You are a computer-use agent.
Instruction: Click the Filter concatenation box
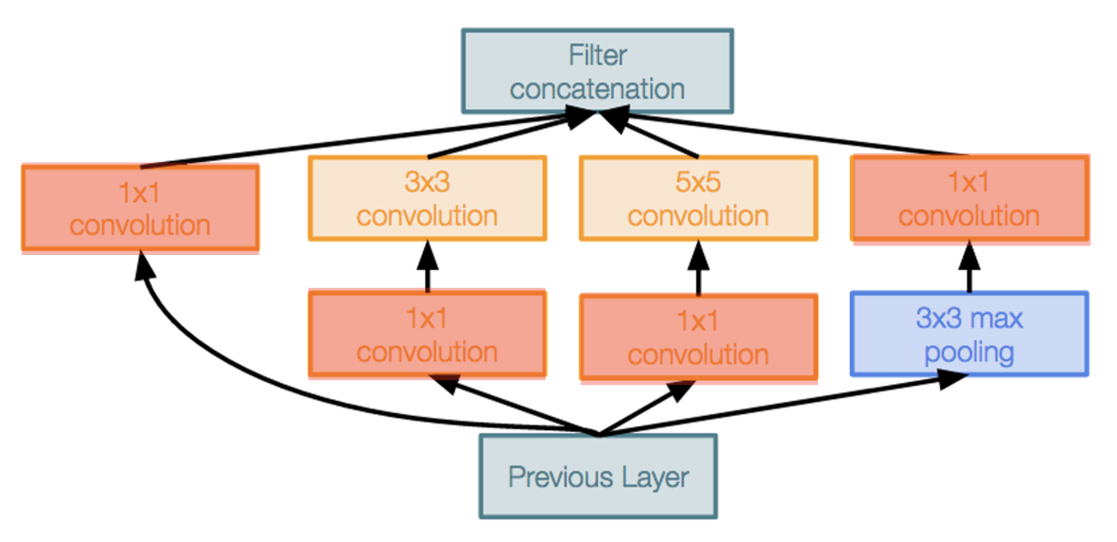coord(598,71)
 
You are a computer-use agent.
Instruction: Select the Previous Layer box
coord(598,476)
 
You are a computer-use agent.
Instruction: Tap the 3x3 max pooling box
coord(968,334)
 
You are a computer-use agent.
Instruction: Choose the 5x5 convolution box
coord(698,199)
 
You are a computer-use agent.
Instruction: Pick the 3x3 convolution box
coord(427,199)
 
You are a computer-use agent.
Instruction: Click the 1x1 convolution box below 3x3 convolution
coord(427,335)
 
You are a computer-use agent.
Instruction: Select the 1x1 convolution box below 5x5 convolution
coord(698,338)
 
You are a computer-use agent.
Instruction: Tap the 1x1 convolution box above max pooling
coord(968,199)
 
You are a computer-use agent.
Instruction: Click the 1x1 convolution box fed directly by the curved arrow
coord(140,208)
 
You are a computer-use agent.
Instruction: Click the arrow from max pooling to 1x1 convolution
coord(968,270)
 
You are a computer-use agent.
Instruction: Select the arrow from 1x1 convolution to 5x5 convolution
coord(698,269)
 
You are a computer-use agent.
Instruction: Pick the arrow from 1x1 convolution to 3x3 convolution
coord(427,268)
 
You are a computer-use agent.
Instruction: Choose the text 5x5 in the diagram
coord(698,182)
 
